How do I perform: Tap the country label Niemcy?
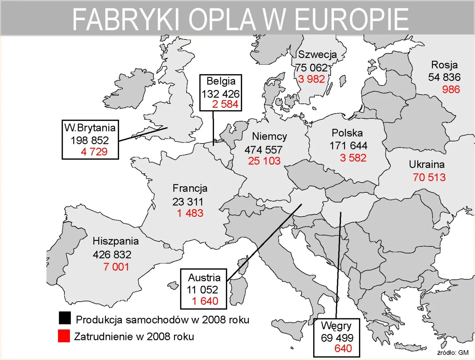[269, 136]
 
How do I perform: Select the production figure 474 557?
[263, 150]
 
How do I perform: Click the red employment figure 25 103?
[264, 161]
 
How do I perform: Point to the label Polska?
[347, 133]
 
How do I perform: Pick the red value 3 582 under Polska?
[353, 158]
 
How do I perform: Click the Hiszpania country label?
[116, 241]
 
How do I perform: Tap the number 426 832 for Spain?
[112, 254]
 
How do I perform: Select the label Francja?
[190, 188]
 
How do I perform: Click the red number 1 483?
[190, 213]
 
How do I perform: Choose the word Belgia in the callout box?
[221, 81]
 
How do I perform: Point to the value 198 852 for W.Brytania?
[90, 140]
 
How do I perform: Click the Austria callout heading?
[204, 278]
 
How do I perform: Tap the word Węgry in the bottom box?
[336, 326]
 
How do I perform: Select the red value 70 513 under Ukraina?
[429, 177]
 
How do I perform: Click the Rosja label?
[444, 65]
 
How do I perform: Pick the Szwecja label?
[317, 55]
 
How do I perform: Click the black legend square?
[64, 318]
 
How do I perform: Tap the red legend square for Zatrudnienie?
[64, 336]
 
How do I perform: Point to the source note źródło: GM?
[453, 353]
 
